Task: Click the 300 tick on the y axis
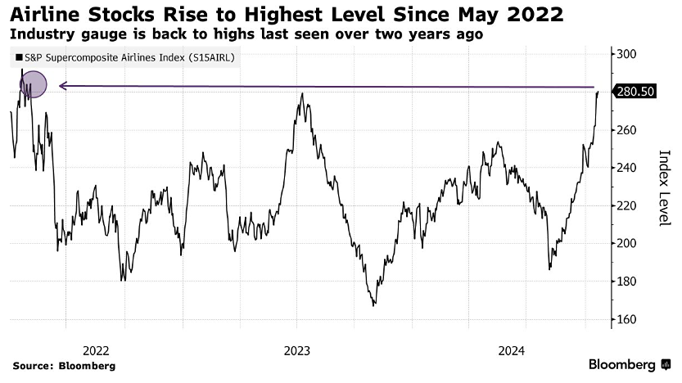coord(627,54)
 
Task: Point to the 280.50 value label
coord(636,92)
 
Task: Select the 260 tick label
coord(627,129)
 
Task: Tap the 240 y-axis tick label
coord(627,168)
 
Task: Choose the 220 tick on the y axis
coord(627,205)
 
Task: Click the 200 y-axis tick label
coord(627,243)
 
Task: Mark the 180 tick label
coord(627,282)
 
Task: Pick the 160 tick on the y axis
coord(627,319)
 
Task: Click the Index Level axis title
coord(665,187)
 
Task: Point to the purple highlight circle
coord(33,84)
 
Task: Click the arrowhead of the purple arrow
coord(61,85)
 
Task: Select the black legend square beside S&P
coord(19,58)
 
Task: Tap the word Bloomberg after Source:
coord(86,366)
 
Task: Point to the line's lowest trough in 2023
coord(373,305)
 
